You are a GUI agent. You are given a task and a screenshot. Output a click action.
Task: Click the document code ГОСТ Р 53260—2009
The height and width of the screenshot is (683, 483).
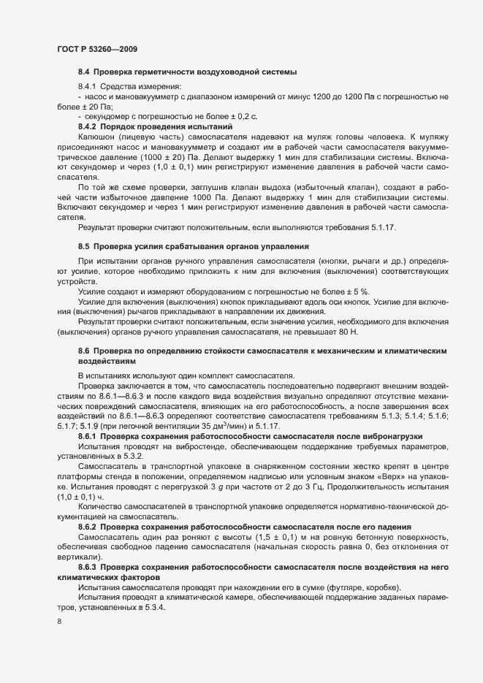[x=96, y=49]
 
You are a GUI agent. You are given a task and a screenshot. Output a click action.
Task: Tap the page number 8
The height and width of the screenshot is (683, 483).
[x=59, y=622]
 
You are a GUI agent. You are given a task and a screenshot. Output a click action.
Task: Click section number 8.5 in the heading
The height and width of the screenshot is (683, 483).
[x=83, y=246]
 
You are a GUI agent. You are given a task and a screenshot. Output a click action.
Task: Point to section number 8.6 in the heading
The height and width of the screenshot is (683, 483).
[x=83, y=351]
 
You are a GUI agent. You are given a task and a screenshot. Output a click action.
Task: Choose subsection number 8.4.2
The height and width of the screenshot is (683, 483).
[x=88, y=126]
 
